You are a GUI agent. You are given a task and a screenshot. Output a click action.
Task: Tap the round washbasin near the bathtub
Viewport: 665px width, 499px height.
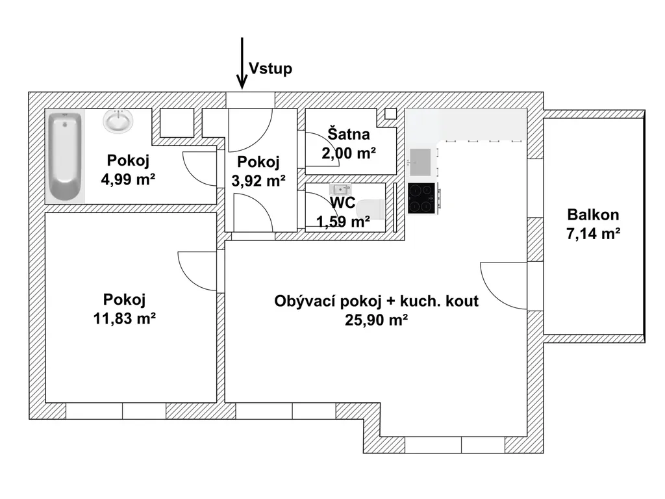point(118,121)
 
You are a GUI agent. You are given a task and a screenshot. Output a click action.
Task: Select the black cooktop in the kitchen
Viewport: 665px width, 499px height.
point(422,198)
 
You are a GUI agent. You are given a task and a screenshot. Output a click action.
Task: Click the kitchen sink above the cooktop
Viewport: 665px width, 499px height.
point(420,162)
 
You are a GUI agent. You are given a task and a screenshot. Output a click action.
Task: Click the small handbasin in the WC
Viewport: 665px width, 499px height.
point(340,189)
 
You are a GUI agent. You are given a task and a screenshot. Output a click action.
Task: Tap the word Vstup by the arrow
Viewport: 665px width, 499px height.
point(271,68)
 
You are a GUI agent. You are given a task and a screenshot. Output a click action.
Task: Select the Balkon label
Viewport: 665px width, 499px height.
point(593,214)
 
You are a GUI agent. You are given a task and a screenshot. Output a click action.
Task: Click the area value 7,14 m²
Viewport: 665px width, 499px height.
point(594,233)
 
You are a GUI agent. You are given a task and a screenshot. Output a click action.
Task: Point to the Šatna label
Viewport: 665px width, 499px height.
point(349,134)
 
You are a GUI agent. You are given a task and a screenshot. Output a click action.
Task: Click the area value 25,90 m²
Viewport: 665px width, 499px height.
point(377,320)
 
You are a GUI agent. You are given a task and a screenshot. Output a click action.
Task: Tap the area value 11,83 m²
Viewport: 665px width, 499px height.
point(124,318)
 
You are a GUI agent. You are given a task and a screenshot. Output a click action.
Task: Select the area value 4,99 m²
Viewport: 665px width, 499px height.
point(128,179)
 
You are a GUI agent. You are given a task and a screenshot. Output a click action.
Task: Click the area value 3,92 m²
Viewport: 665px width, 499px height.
point(258,181)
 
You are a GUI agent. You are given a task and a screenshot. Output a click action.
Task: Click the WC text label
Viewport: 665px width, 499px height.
point(343,203)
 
